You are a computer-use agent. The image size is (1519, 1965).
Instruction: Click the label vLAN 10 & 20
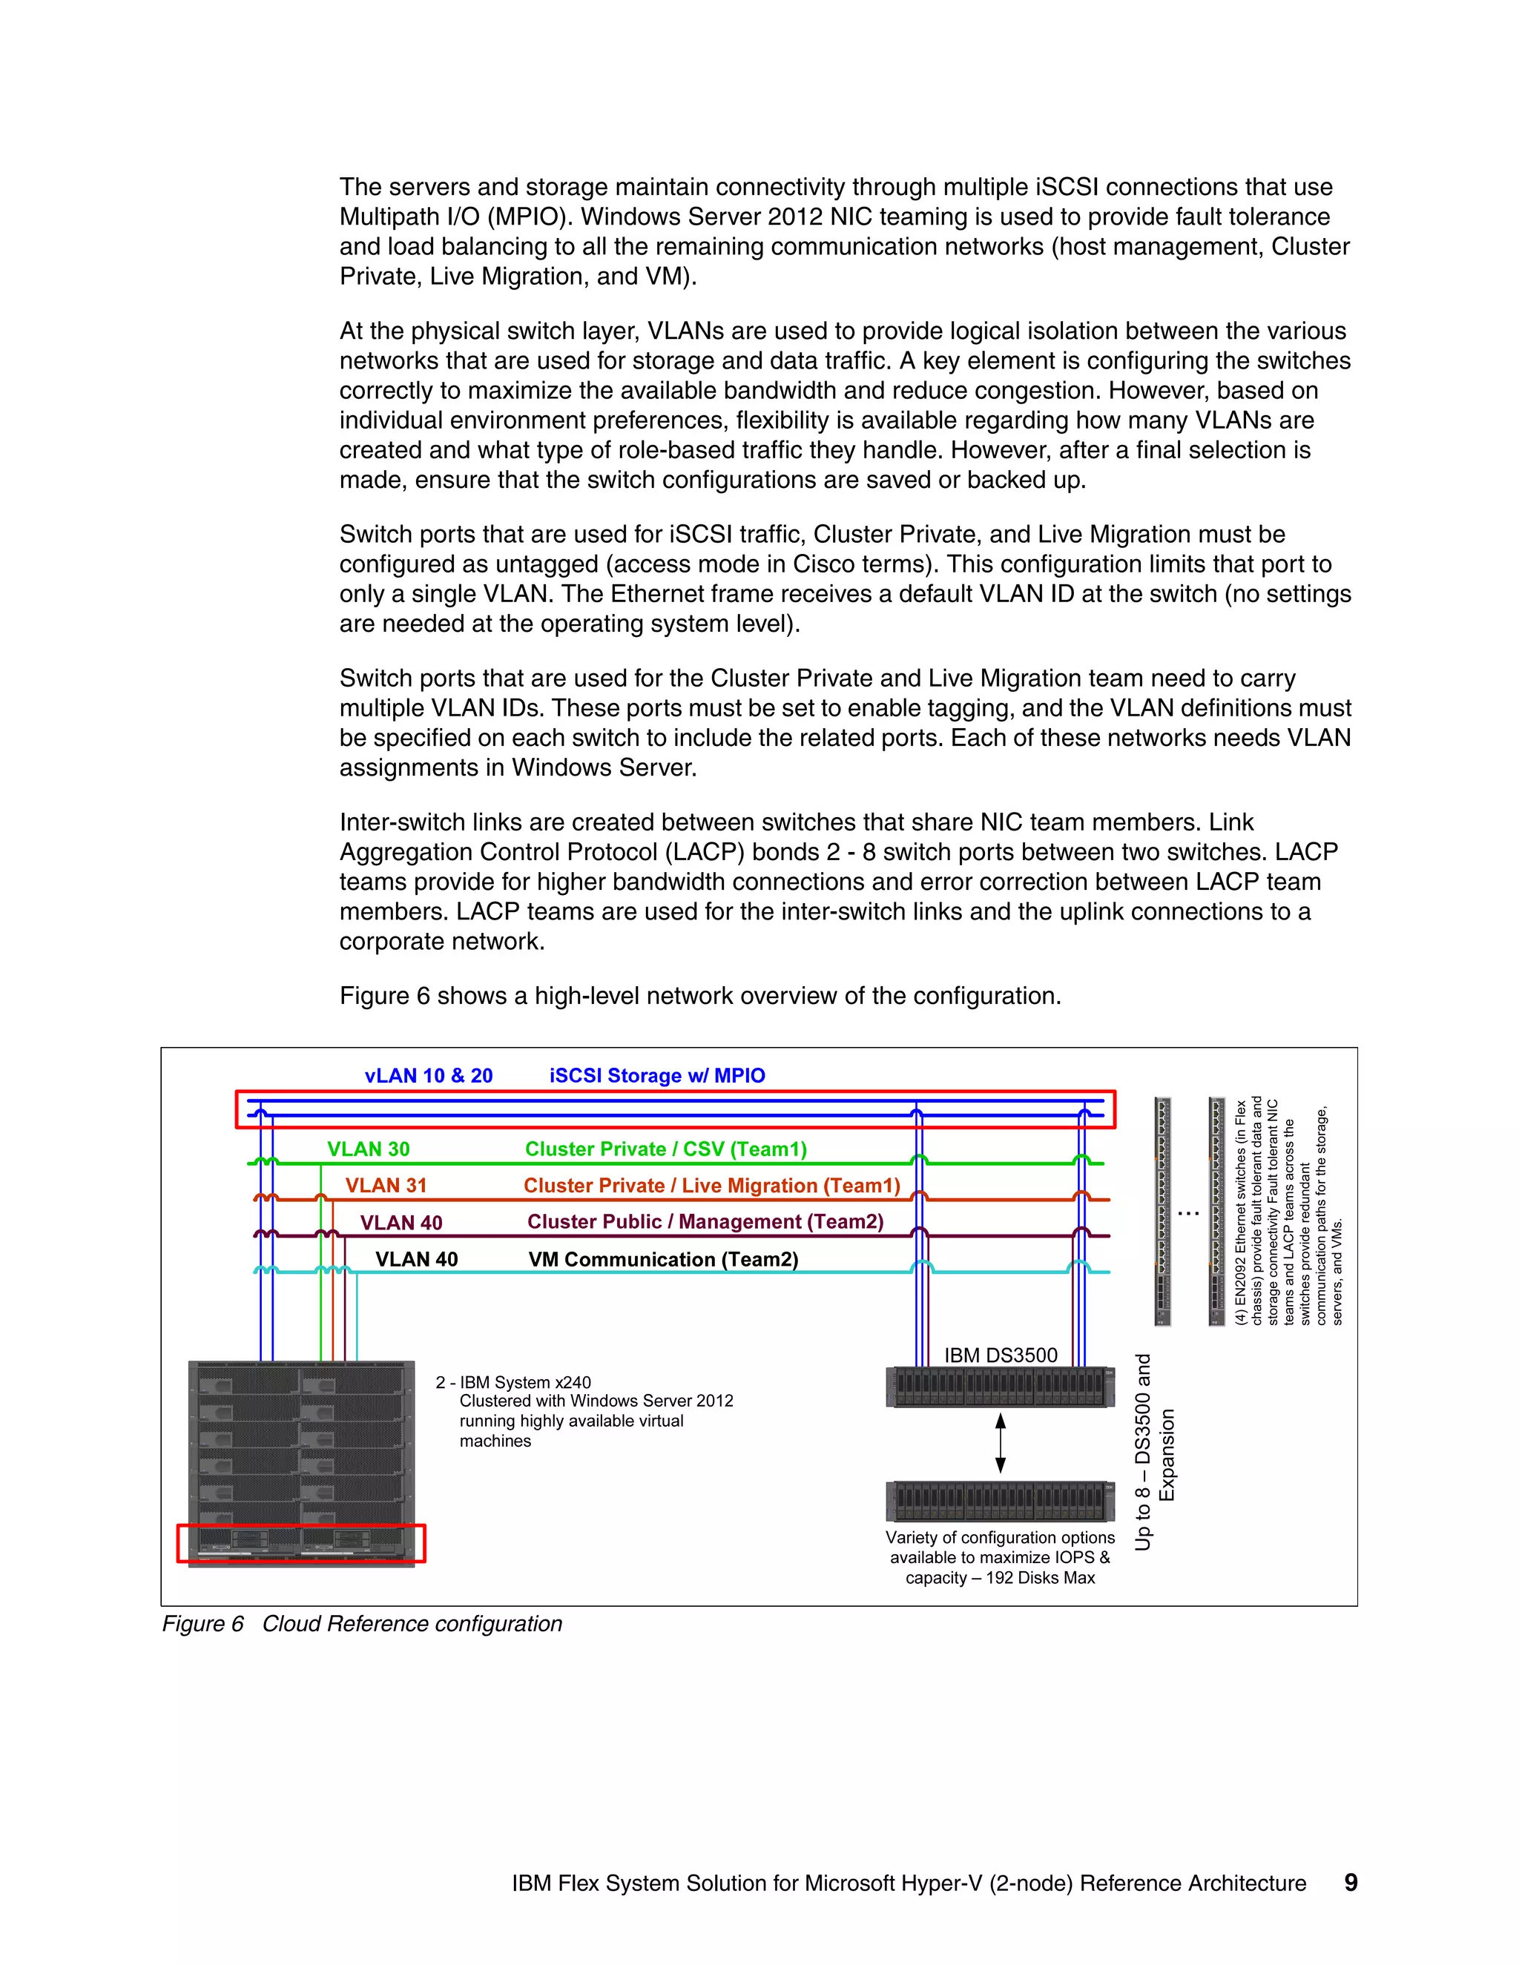click(429, 1075)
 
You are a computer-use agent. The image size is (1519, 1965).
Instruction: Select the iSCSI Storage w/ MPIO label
click(657, 1075)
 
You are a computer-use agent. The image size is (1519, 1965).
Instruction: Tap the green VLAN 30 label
click(368, 1149)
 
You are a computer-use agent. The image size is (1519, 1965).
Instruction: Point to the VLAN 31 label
click(385, 1185)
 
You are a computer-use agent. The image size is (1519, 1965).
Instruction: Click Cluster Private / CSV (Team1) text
click(666, 1149)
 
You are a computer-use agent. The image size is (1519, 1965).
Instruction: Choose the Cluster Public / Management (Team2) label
click(705, 1222)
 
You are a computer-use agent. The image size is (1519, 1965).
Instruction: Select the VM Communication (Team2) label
click(663, 1259)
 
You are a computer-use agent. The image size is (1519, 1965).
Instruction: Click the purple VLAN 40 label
click(401, 1223)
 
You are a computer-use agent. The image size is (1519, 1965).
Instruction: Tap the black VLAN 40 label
click(416, 1259)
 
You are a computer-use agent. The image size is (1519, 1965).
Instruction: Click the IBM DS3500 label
click(1001, 1355)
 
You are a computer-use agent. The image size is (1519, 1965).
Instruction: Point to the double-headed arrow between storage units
click(1000, 1442)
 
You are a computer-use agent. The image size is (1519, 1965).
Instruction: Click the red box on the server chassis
click(300, 1543)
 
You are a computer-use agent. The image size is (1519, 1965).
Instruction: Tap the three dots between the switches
click(1189, 1214)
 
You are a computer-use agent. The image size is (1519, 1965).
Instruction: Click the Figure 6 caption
click(362, 1624)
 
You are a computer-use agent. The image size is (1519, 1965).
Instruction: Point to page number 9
click(1350, 1883)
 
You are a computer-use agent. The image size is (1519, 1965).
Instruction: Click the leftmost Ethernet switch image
click(1163, 1211)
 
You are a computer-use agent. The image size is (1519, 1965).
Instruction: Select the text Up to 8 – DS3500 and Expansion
click(1153, 1452)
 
